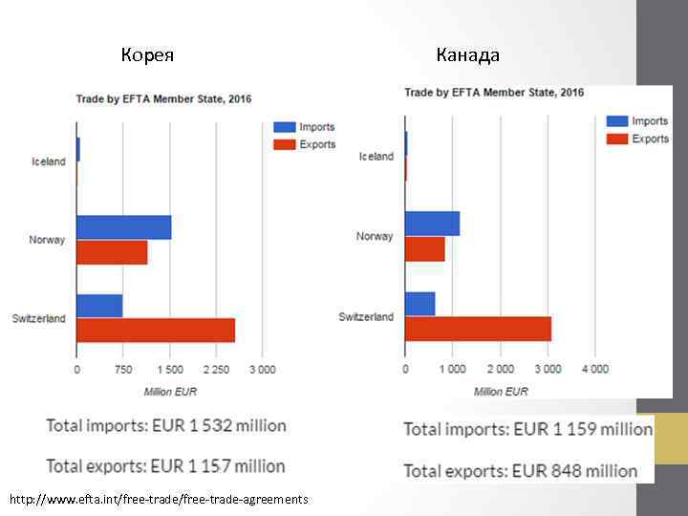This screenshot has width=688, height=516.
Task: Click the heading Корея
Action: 147,54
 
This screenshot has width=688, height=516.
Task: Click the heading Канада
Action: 467,54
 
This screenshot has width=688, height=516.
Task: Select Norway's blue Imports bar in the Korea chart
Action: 123,227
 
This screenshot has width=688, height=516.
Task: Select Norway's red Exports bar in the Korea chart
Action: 112,252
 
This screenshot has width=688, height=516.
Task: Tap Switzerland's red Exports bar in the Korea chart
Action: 156,331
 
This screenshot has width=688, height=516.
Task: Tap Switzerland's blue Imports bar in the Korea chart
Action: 99,306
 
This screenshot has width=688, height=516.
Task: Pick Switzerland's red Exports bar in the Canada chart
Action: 478,329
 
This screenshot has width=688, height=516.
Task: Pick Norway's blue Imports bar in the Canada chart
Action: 432,224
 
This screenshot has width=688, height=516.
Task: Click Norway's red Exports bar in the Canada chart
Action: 424,248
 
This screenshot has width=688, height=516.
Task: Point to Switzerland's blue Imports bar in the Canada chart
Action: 419,304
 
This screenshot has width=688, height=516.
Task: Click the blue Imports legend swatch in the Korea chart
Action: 284,127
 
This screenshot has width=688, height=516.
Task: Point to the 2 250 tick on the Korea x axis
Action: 216,370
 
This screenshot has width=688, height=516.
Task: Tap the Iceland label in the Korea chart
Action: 49,161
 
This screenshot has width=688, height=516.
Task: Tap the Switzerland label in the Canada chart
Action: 366,316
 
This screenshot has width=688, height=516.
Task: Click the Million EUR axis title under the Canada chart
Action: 501,392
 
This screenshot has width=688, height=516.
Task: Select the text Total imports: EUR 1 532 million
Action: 166,426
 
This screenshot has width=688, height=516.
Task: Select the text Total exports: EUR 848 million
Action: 520,470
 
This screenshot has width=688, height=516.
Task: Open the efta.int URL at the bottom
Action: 158,500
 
